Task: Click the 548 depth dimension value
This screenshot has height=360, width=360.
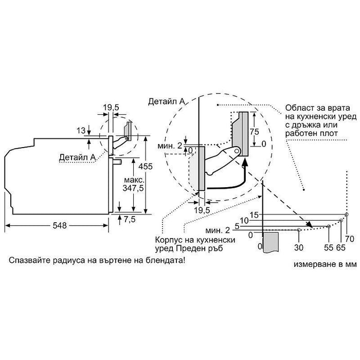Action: [x=60, y=225]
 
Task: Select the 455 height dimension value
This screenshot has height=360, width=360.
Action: [x=146, y=166]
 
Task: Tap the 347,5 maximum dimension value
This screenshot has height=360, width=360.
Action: [x=133, y=188]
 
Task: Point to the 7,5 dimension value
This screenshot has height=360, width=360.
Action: [x=130, y=219]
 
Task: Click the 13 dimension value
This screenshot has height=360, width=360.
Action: [x=81, y=131]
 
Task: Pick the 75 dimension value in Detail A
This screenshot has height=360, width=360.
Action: [x=255, y=132]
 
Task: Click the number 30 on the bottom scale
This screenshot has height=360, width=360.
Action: [x=299, y=247]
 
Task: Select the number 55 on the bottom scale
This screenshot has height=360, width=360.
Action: [x=329, y=247]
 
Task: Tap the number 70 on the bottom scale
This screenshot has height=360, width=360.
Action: [x=350, y=239]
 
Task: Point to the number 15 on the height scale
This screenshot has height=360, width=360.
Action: [x=254, y=215]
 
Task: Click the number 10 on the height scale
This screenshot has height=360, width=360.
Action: [x=244, y=221]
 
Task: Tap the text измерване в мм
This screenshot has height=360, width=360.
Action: [x=326, y=264]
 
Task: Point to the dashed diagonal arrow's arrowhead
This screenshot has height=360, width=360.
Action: [x=309, y=224]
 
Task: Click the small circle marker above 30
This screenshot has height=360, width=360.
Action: [x=299, y=230]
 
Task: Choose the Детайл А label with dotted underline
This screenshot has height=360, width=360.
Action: [x=77, y=157]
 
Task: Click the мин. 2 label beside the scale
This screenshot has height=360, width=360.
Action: [x=218, y=230]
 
